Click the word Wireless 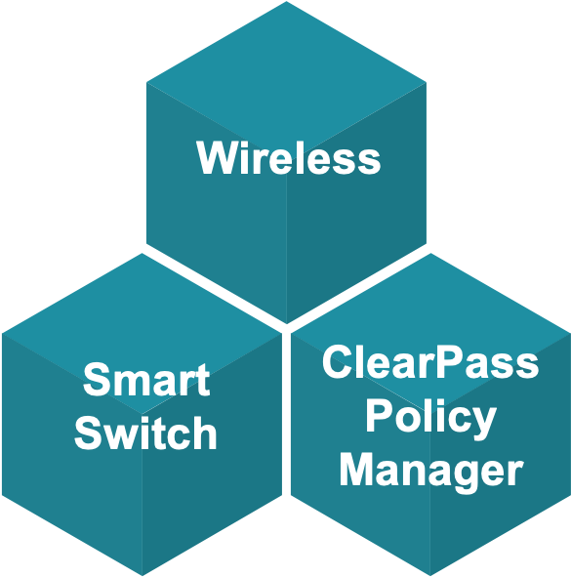289,157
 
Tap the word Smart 146,380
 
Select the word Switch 145,433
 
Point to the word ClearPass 430,362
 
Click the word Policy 430,420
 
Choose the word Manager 431,474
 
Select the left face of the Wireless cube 217,221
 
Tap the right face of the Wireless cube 356,221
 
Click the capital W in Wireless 216,157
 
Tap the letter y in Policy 483,424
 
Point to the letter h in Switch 205,433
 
